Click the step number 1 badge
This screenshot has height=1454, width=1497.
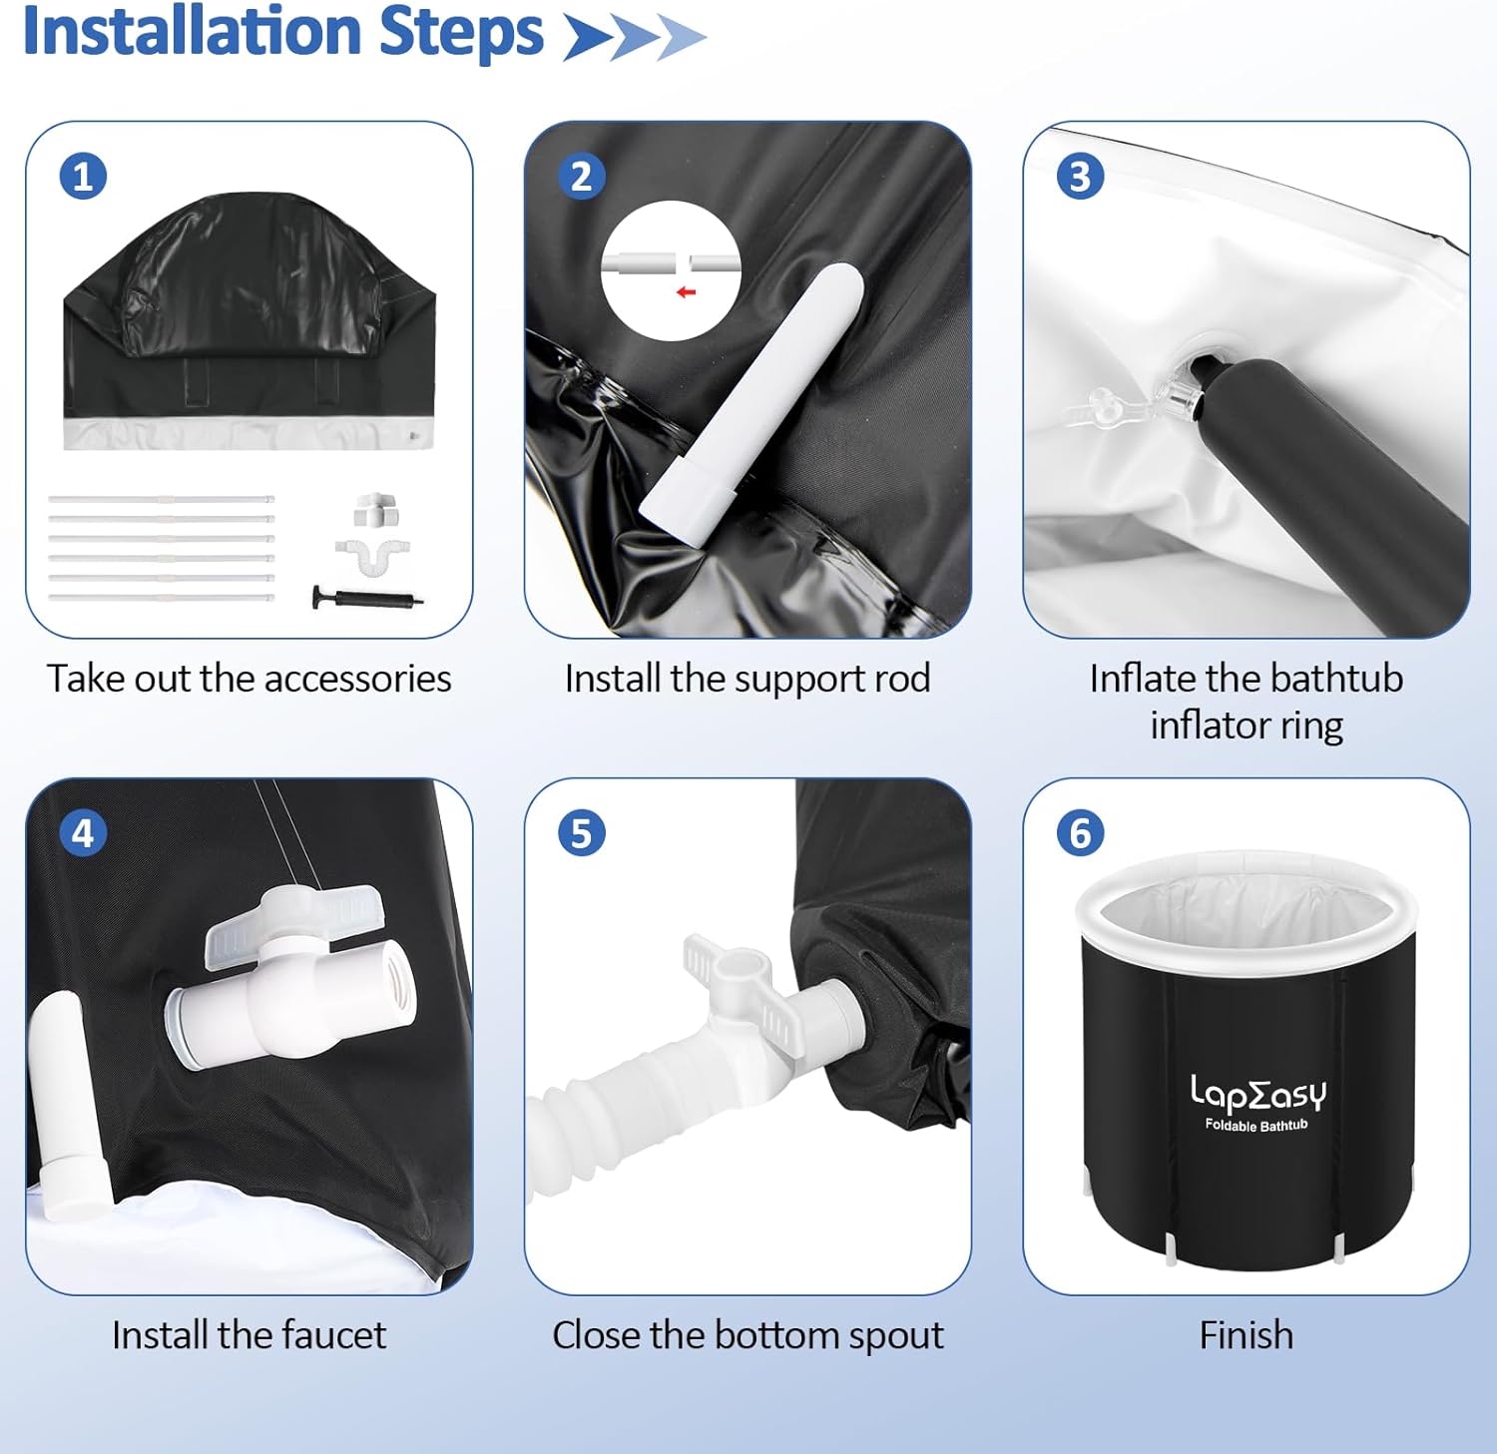[x=83, y=177]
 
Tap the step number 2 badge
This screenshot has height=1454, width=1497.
[x=581, y=177]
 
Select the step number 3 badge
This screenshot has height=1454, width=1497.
[x=1080, y=177]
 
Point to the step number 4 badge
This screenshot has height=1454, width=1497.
[x=83, y=833]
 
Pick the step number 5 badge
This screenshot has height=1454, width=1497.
[x=581, y=833]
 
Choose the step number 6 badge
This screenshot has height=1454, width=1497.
[x=1080, y=833]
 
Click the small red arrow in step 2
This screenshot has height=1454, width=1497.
[x=686, y=291]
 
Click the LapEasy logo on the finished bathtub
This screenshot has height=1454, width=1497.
[x=1257, y=1094]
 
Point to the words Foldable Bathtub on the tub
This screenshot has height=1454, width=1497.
[x=1255, y=1126]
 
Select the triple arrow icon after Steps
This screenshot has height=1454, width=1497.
[x=635, y=38]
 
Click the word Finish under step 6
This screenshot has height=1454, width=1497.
[x=1247, y=1335]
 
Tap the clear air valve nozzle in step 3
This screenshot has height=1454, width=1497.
[x=1178, y=393]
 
